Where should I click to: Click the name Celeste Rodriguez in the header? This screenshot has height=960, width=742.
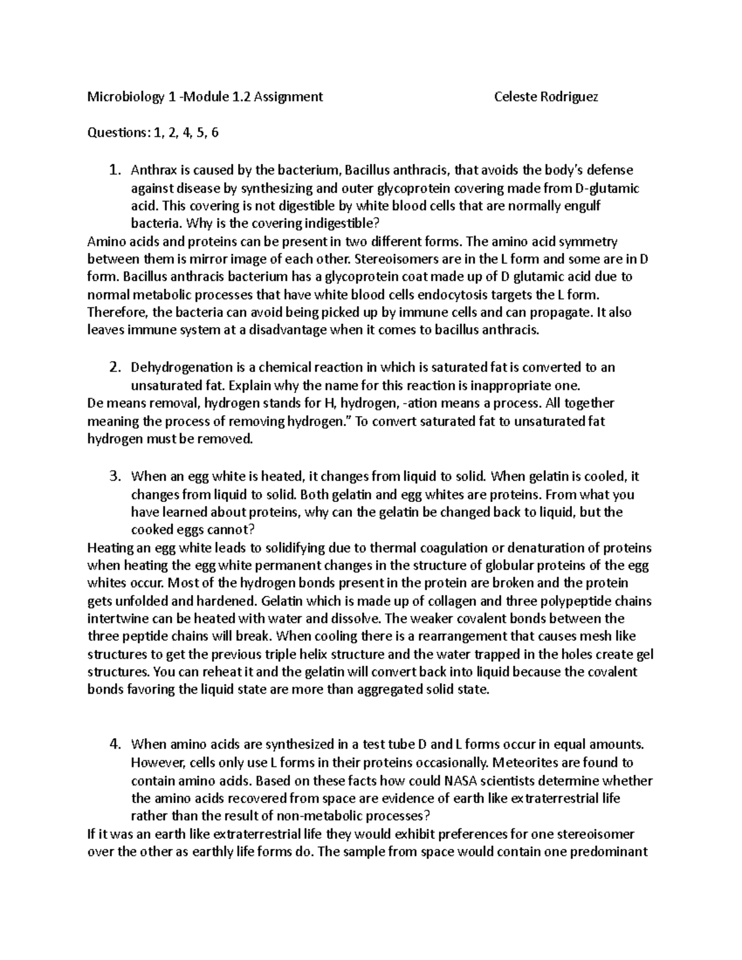546,96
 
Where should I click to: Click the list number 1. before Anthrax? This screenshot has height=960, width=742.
114,170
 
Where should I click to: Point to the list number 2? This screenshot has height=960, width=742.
114,368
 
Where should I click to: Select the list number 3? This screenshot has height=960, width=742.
114,477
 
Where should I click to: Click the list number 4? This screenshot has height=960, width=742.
114,745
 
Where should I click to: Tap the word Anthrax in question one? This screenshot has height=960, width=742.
151,170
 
